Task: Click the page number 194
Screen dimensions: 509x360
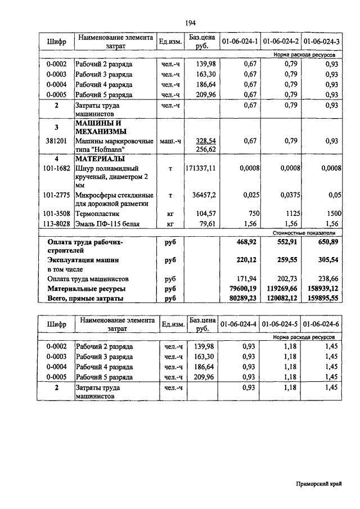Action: [190, 22]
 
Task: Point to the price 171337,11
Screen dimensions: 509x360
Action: [200, 168]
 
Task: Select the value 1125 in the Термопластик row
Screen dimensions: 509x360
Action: [291, 214]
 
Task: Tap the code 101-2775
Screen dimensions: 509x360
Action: [56, 195]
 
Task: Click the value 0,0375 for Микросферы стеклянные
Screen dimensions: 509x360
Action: [288, 195]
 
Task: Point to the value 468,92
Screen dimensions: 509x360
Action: [246, 242]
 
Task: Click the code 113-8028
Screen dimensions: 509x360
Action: [56, 224]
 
